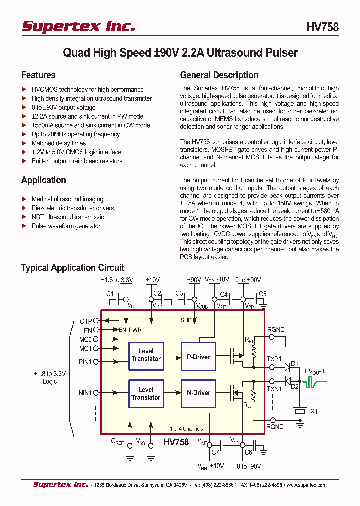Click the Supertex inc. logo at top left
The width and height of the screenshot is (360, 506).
click(78, 26)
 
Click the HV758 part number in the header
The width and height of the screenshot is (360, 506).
click(322, 27)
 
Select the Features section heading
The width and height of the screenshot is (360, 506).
click(38, 75)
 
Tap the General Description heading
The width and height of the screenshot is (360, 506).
click(219, 75)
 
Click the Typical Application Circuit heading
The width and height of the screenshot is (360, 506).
click(72, 268)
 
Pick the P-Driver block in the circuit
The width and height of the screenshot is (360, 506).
click(198, 357)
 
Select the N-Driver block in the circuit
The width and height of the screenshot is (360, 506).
click(198, 393)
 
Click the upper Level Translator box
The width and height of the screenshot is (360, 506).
click(146, 355)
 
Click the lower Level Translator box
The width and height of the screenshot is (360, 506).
click(146, 394)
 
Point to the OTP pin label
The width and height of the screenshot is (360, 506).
click(86, 321)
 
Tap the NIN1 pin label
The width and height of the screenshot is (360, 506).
click(85, 393)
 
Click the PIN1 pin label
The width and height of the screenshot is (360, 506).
click(85, 361)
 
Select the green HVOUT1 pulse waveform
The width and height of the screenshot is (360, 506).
click(315, 384)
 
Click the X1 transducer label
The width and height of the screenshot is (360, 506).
click(314, 412)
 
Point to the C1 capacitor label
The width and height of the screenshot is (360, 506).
click(110, 294)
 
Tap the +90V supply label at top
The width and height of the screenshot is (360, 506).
click(193, 280)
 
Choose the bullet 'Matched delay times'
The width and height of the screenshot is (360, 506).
click(58, 143)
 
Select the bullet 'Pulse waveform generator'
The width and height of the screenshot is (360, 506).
click(66, 226)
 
